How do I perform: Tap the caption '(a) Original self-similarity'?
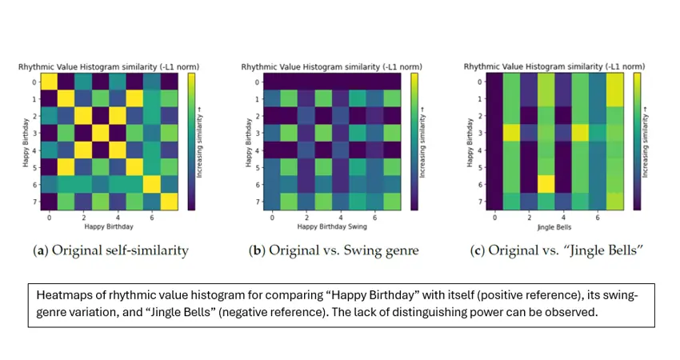coord(110,250)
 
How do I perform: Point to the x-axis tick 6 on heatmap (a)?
coord(152,218)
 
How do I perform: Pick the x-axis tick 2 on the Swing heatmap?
coord(306,218)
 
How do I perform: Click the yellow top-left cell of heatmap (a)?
coord(49,82)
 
